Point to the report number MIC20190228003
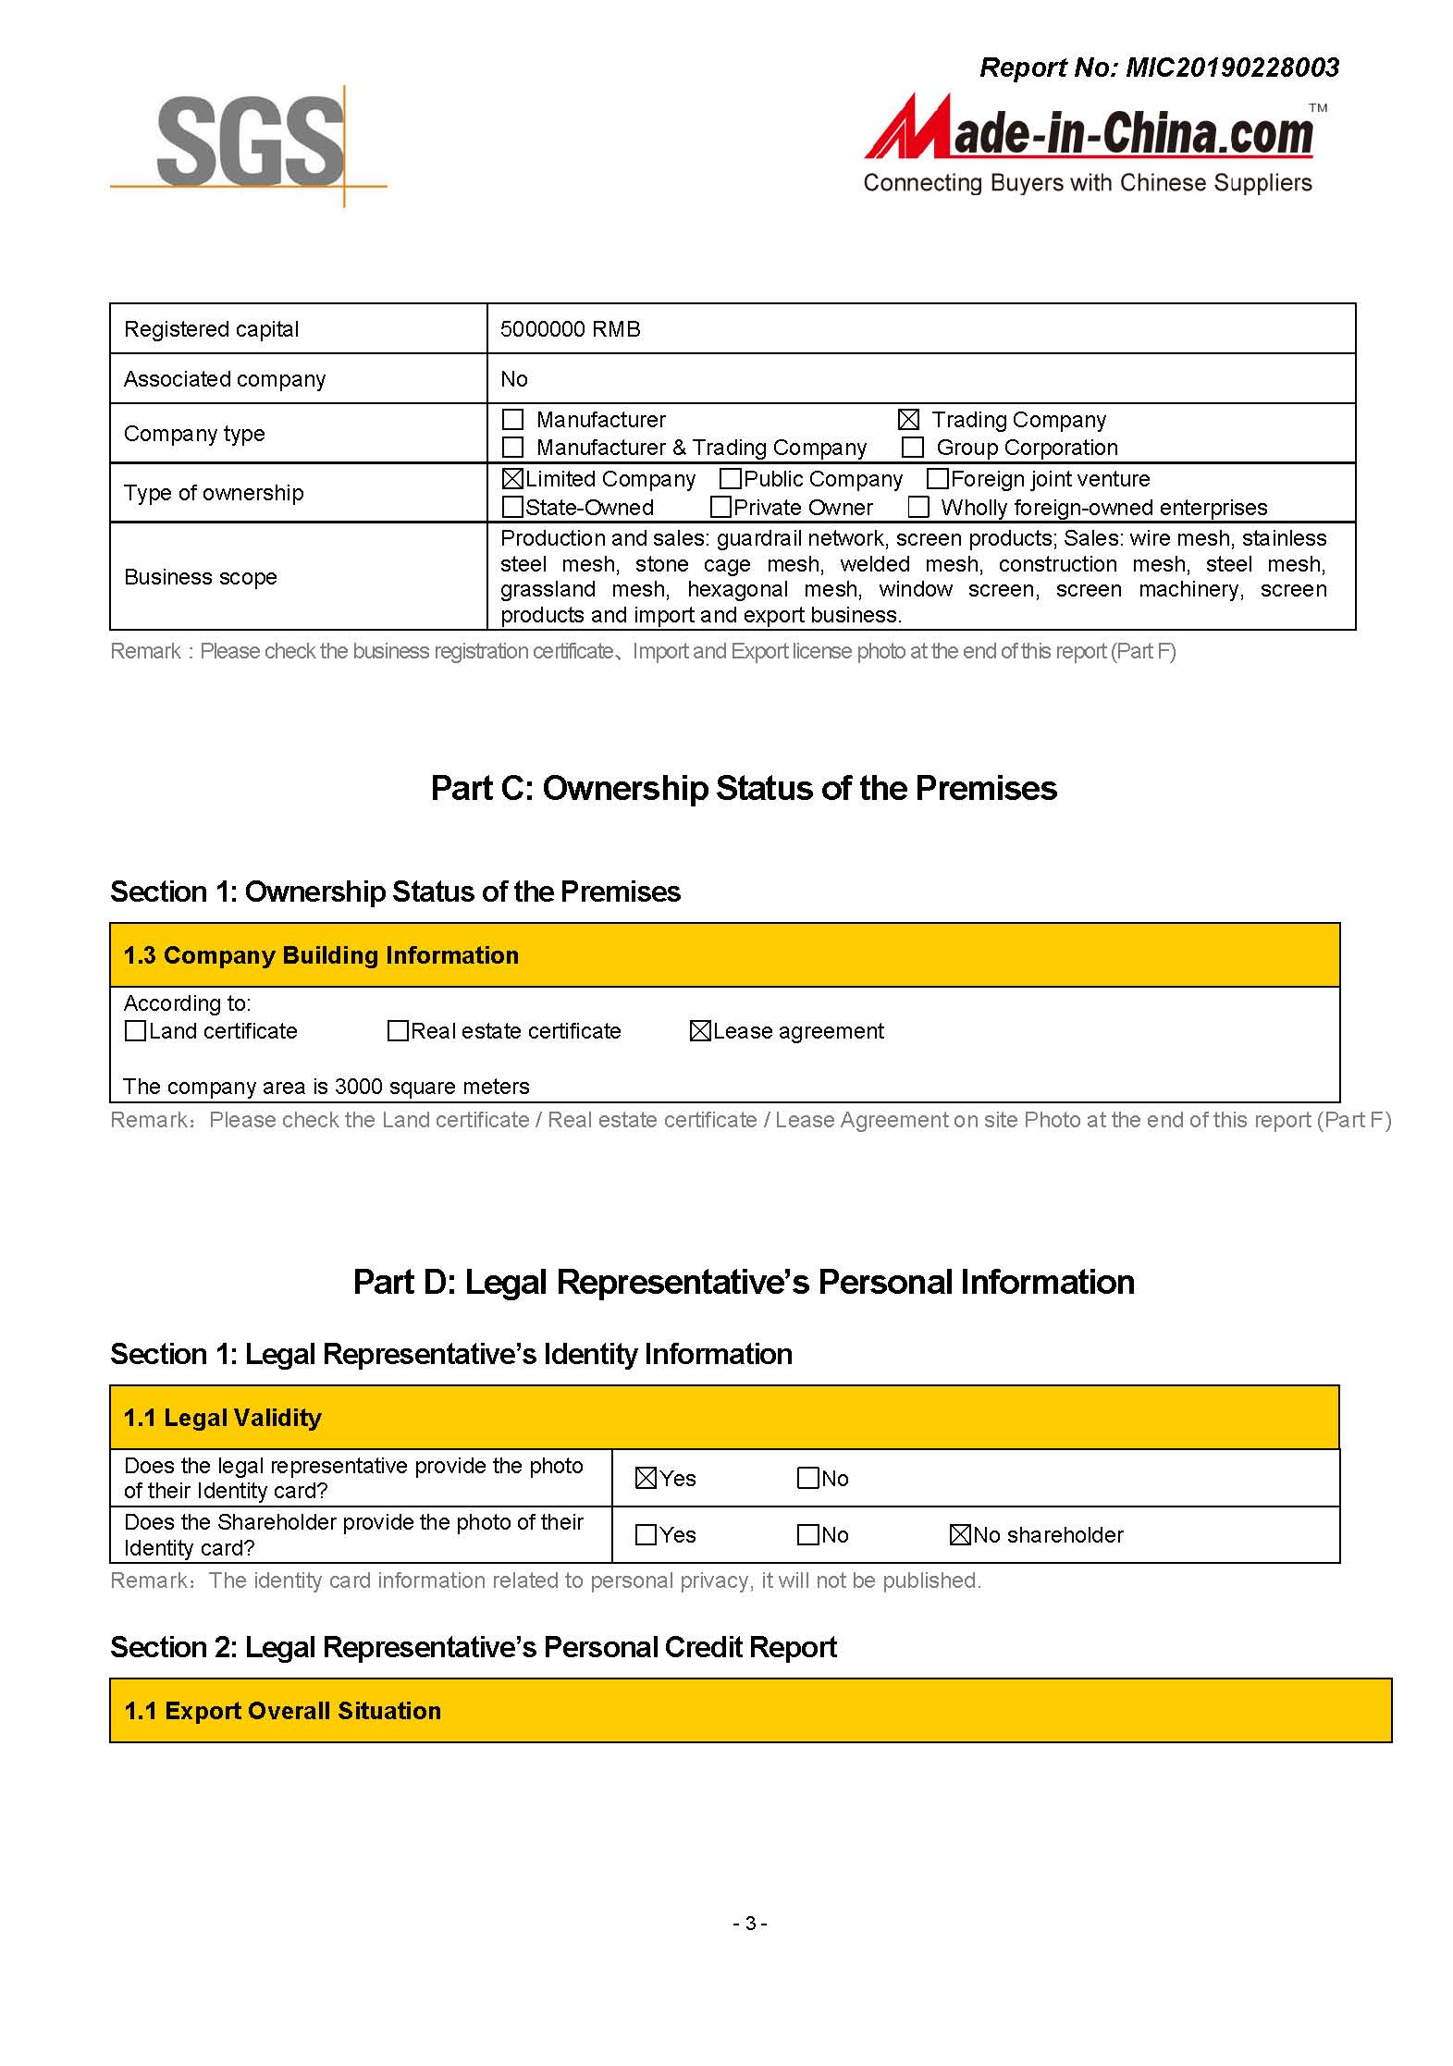pyautogui.click(x=1231, y=68)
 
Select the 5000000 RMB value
pyautogui.click(x=570, y=329)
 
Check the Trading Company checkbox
pyautogui.click(x=909, y=420)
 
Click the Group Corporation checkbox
pyautogui.click(x=913, y=448)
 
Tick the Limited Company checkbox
pyautogui.click(x=512, y=479)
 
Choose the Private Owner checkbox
pyautogui.click(x=720, y=508)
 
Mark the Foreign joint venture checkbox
pyautogui.click(x=937, y=479)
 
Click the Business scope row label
pyautogui.click(x=201, y=577)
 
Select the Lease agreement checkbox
pyautogui.click(x=700, y=1031)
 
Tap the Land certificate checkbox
pyautogui.click(x=135, y=1031)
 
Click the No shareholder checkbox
pyautogui.click(x=960, y=1535)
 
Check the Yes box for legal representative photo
pyautogui.click(x=646, y=1479)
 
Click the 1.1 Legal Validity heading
pyautogui.click(x=223, y=1418)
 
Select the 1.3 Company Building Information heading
pyautogui.click(x=321, y=955)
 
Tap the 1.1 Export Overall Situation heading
pyautogui.click(x=282, y=1711)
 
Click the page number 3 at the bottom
pyautogui.click(x=750, y=1924)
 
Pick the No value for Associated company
pyautogui.click(x=513, y=379)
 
